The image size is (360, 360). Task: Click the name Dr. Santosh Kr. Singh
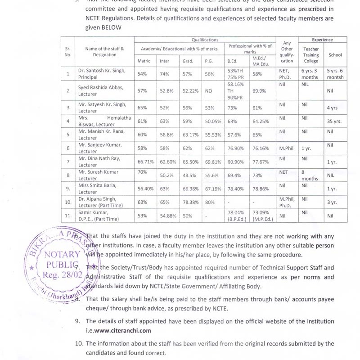point(102,71)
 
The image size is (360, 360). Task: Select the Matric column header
point(144,61)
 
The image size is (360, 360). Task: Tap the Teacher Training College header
point(310,55)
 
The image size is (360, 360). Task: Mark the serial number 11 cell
point(68,216)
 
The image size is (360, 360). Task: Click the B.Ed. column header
point(232,61)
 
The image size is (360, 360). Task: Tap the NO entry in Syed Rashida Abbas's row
point(208,90)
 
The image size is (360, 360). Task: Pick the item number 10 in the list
point(78,343)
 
